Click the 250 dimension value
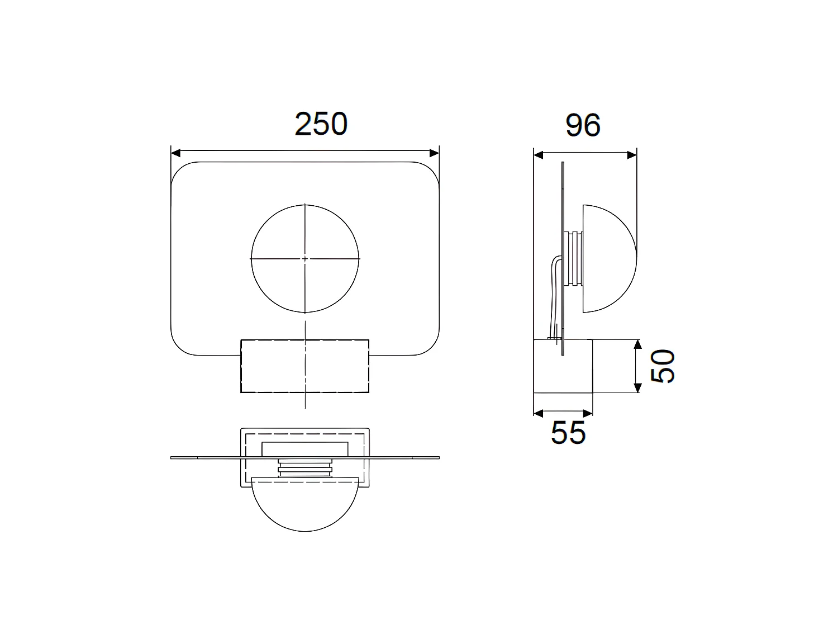coord(321,124)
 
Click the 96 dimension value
coord(583,125)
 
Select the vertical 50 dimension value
coord(664,366)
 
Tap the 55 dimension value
coord(568,432)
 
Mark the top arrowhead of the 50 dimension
coord(636,344)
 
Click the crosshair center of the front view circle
coord(305,259)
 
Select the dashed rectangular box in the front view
coord(304,366)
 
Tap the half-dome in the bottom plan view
coord(305,503)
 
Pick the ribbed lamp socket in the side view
coord(574,258)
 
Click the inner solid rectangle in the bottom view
coord(305,448)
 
